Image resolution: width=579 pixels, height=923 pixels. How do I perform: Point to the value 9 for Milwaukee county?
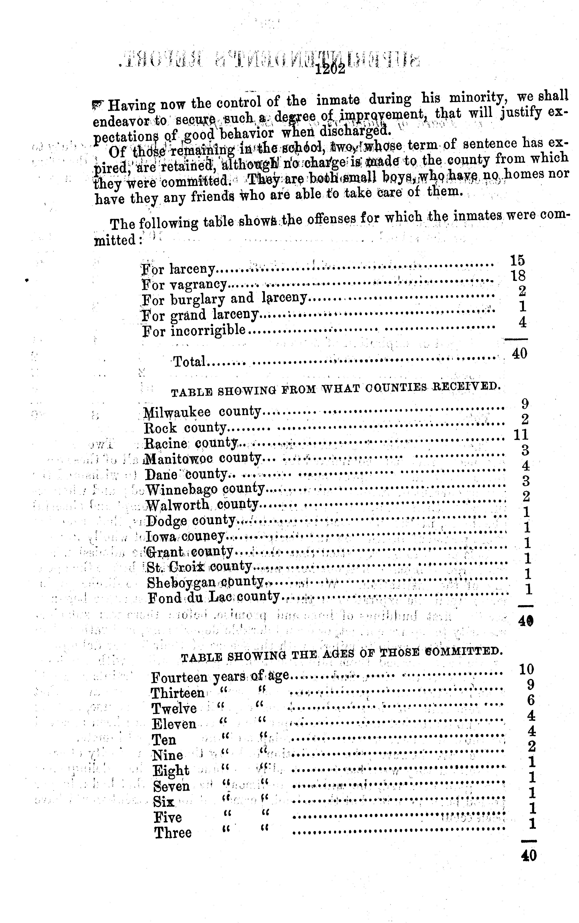click(x=525, y=403)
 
